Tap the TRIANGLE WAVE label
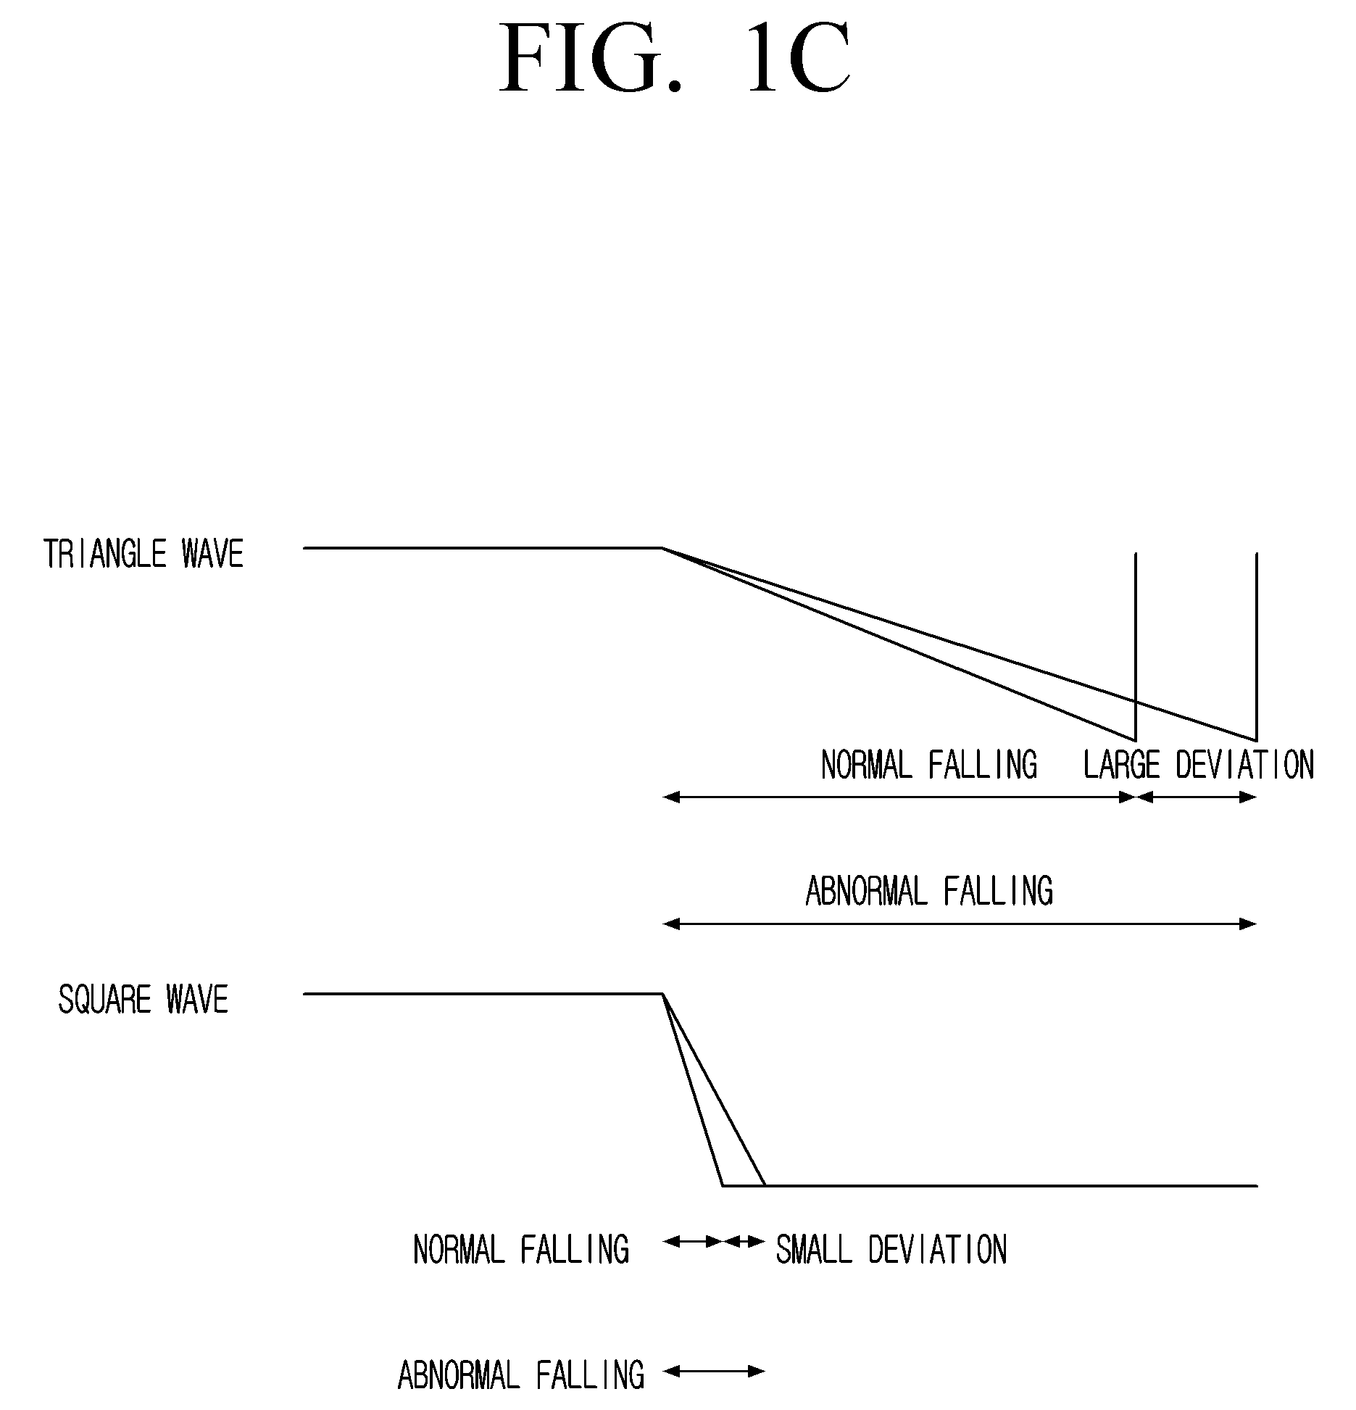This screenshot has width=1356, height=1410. click(x=143, y=554)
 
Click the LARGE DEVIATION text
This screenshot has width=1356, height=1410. click(x=1199, y=765)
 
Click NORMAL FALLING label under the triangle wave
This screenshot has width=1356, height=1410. click(x=929, y=765)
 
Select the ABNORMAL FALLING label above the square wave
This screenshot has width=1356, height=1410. click(x=929, y=891)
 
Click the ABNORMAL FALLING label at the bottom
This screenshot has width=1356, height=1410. click(x=521, y=1375)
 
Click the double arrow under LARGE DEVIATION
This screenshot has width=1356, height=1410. click(x=1197, y=797)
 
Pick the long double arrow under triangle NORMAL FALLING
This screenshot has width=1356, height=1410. click(x=899, y=797)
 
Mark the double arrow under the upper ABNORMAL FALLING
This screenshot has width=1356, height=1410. click(x=960, y=924)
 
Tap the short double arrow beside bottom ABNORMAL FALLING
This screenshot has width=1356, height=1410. click(x=714, y=1370)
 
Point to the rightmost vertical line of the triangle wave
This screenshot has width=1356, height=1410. click(x=1256, y=647)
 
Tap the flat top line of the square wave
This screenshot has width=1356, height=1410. click(x=483, y=994)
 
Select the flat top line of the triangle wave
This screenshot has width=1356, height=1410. click(x=483, y=548)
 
